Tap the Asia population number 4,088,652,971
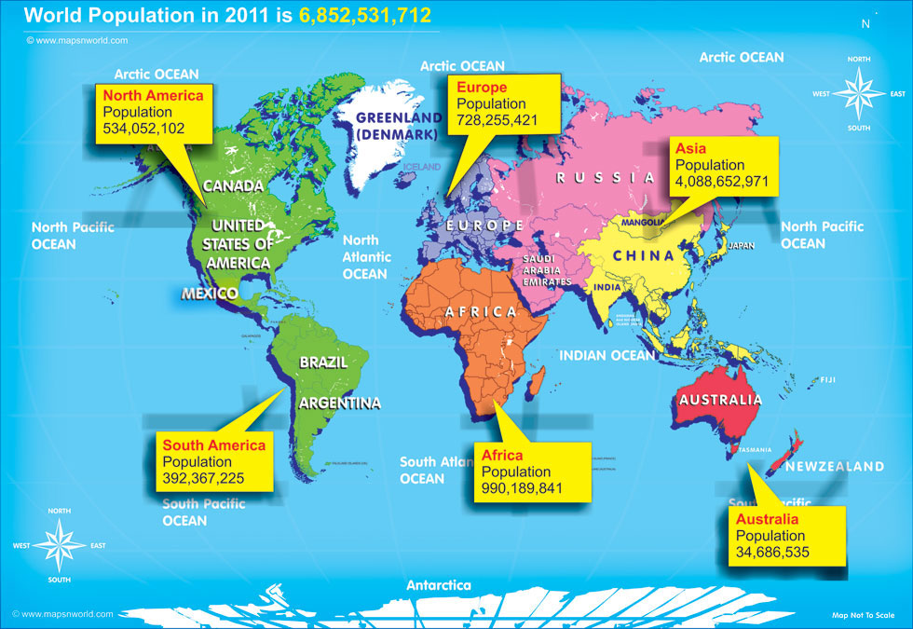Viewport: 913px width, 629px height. (723, 182)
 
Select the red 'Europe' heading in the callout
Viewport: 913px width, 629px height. (481, 87)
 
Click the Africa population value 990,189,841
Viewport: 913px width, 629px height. (523, 488)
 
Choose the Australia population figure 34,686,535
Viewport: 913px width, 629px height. (772, 552)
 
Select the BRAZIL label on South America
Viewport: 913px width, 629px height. (323, 362)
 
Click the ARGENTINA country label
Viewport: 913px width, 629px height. (339, 403)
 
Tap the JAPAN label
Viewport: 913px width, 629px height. (741, 246)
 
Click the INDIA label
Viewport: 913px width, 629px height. (606, 288)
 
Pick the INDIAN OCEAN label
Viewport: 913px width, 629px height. (607, 355)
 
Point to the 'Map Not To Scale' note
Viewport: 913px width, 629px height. (864, 615)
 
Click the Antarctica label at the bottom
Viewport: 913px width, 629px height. (438, 585)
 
